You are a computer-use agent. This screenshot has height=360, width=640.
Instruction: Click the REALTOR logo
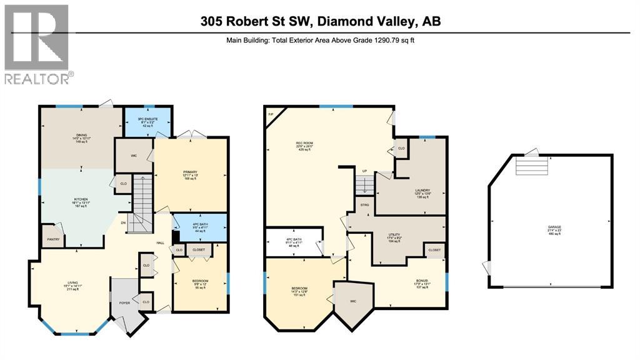(37, 44)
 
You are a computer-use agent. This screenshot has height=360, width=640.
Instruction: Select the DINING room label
(81, 134)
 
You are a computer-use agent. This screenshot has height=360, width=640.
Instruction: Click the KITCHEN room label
(81, 199)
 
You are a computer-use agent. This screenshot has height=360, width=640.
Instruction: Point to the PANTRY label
(52, 239)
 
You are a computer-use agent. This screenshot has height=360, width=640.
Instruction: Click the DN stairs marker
(124, 222)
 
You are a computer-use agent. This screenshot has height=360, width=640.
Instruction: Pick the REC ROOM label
(304, 142)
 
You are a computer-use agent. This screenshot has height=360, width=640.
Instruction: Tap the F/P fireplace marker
(271, 114)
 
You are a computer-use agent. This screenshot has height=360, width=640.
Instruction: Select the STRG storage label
(364, 205)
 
